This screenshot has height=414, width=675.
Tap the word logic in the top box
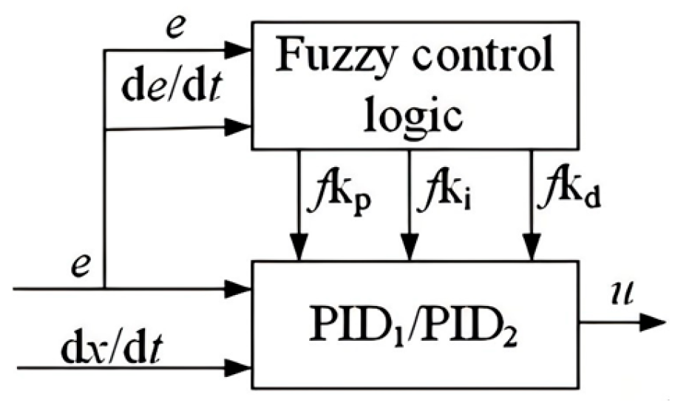(x=415, y=115)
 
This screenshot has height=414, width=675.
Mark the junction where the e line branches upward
(x=106, y=288)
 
